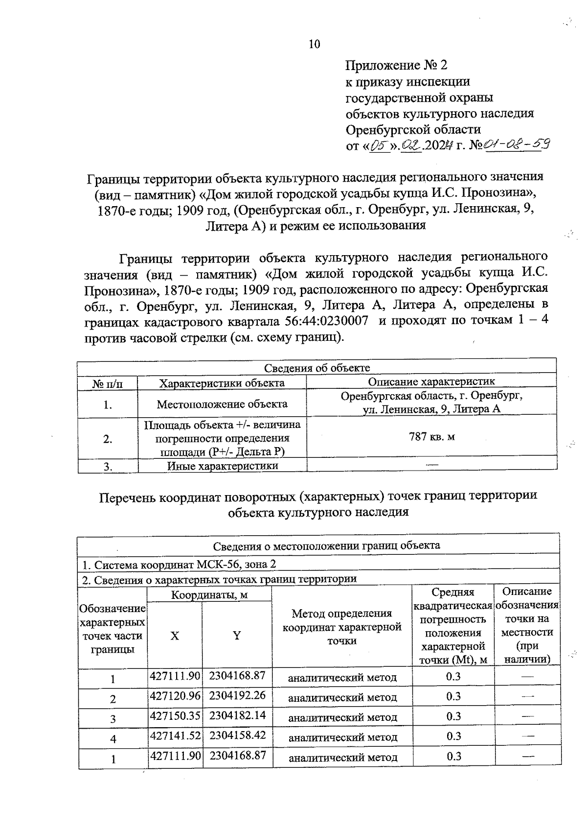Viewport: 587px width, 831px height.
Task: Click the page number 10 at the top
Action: click(x=314, y=45)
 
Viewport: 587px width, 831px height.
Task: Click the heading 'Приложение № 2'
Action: click(x=396, y=65)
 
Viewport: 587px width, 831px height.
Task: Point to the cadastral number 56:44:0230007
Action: click(x=326, y=321)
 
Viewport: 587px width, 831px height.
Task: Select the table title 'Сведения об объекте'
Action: click(x=317, y=368)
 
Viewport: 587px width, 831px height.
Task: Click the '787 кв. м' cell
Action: click(x=432, y=436)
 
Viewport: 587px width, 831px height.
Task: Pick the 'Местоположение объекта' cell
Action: click(x=222, y=404)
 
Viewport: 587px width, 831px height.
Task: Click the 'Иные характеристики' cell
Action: click(x=222, y=466)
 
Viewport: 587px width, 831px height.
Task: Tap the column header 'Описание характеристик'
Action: click(x=431, y=381)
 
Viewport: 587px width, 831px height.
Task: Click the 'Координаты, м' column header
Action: click(x=209, y=595)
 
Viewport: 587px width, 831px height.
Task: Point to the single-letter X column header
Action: click(x=175, y=636)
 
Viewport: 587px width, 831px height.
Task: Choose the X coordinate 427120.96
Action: click(x=175, y=695)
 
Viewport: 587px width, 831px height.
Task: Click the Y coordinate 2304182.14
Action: click(x=237, y=715)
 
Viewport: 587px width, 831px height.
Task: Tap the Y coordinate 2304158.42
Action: click(x=237, y=735)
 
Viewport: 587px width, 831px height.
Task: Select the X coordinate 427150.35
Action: click(x=175, y=715)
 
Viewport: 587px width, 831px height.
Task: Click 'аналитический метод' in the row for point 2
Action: click(x=342, y=697)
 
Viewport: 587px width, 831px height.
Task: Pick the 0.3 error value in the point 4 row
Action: click(x=453, y=736)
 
